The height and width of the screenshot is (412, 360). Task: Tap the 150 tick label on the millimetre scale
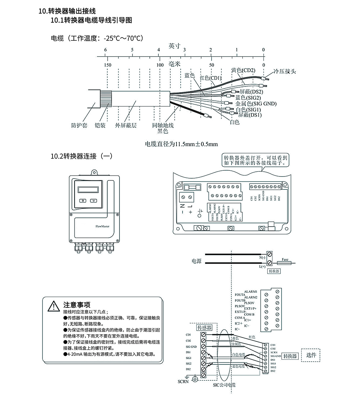pos(107,65)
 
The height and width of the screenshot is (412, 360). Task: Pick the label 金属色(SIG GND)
pos(256,104)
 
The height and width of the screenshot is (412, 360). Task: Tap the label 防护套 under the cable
pos(79,125)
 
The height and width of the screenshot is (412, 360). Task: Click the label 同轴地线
pos(163,125)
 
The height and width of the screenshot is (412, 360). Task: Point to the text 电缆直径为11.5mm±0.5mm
pos(181,144)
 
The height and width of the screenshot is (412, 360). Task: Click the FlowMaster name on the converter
pos(103,227)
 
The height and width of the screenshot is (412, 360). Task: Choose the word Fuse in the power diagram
pos(285,259)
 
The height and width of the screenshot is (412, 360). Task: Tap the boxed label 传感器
pos(204,328)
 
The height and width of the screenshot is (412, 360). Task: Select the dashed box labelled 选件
pos(312,355)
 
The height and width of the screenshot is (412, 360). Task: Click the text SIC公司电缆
pos(224,385)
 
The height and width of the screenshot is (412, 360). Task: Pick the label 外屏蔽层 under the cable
pos(126,125)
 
